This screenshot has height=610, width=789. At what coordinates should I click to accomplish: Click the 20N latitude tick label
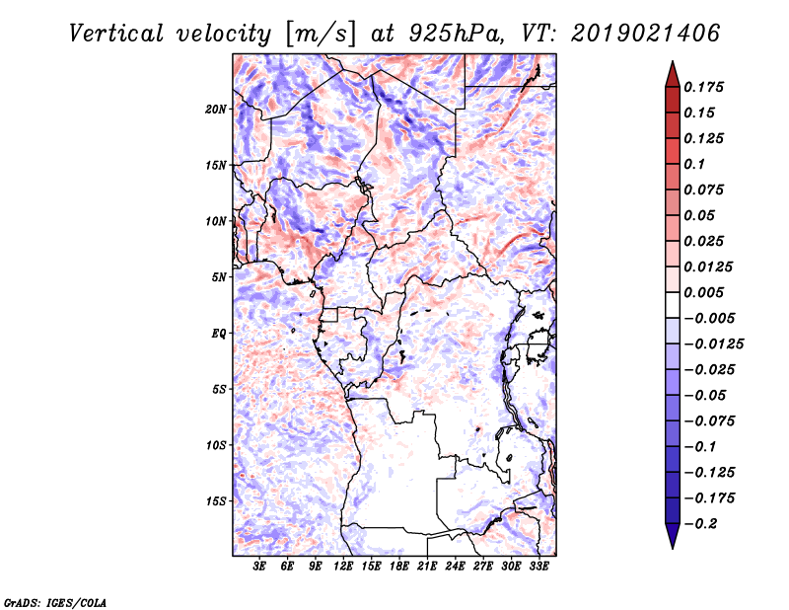point(216,109)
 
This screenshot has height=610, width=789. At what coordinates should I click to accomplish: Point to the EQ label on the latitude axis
point(219,333)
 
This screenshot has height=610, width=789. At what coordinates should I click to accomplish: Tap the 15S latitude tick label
point(216,500)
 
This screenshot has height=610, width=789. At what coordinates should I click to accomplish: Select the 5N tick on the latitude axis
point(219,276)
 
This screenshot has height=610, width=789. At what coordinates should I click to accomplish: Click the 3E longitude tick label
point(260,567)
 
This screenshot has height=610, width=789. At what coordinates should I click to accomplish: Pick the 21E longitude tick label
point(428,567)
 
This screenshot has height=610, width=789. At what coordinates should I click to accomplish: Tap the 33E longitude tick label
point(539,567)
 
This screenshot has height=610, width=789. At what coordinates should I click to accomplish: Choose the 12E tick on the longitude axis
point(344,567)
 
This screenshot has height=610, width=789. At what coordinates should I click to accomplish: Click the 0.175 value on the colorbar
point(706,87)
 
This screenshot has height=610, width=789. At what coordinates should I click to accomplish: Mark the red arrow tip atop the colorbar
point(672,67)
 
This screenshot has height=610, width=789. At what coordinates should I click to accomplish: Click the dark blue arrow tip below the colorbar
point(672,542)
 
